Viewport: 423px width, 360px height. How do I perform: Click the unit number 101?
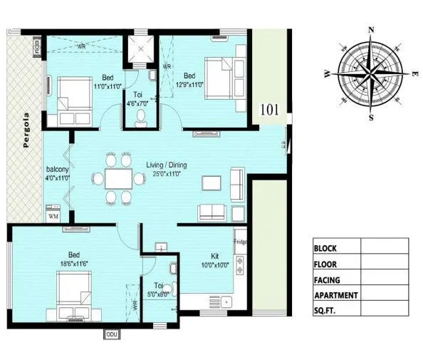tap(271, 110)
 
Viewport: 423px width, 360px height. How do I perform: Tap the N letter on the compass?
tap(370, 30)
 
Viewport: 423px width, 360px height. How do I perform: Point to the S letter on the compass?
tap(370, 118)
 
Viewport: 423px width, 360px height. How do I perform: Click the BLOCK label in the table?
tap(326, 248)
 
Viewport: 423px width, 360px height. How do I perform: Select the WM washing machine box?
tap(53, 215)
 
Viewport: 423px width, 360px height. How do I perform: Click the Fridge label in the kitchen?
tap(240, 241)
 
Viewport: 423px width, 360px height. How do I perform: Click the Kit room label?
tap(214, 255)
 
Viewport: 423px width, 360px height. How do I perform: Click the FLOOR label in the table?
tap(326, 264)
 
